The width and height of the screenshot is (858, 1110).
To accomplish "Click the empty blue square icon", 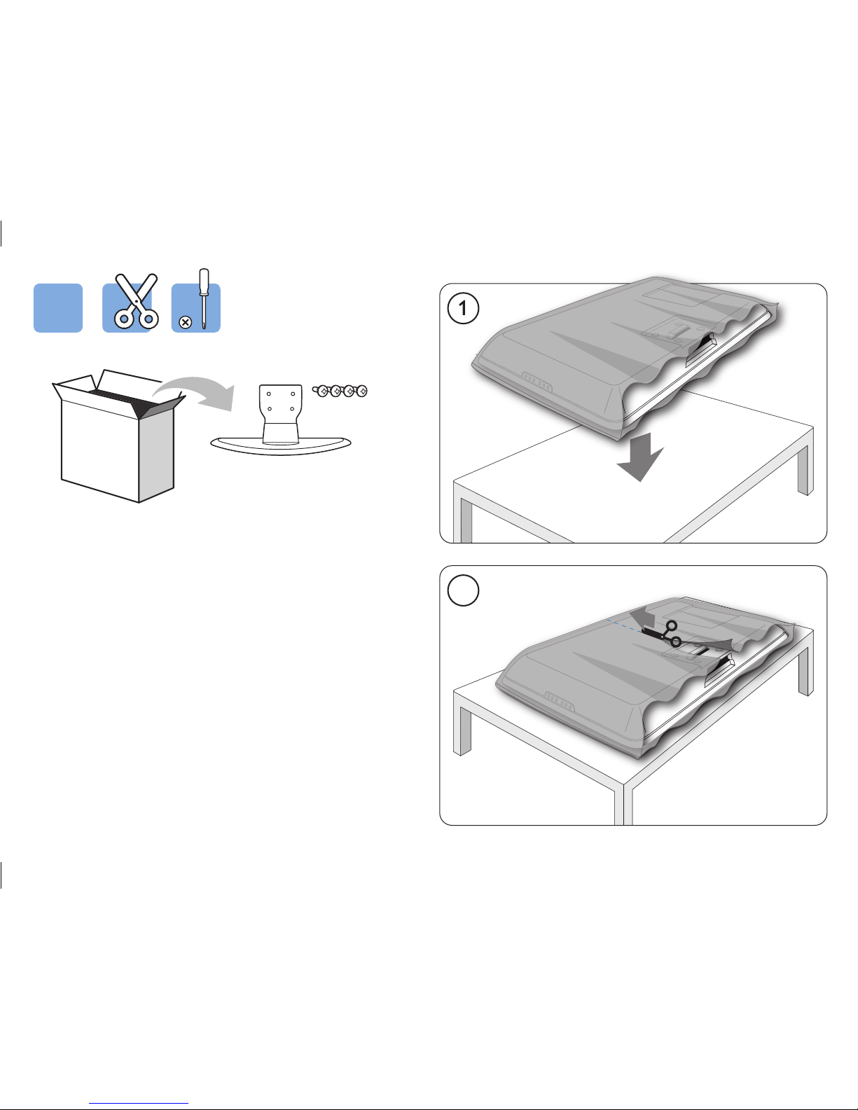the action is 57,308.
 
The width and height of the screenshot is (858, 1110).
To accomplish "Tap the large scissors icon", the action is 136,301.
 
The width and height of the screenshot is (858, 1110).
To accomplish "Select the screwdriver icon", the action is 204,299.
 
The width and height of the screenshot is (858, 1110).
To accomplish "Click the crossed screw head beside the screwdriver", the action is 186,322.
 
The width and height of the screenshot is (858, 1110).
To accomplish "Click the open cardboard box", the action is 118,435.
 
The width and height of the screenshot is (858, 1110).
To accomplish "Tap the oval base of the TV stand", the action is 281,445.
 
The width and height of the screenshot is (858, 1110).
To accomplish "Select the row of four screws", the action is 340,391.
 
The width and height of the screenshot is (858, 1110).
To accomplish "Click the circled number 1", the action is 463,309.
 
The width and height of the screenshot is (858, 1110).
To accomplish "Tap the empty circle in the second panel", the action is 463,590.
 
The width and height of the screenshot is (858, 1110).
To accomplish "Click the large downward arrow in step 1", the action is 640,457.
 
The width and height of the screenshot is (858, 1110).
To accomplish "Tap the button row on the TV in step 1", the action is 537,382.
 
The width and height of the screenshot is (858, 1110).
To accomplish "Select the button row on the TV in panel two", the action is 559,701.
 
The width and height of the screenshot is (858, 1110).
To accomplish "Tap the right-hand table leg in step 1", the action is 805,470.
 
